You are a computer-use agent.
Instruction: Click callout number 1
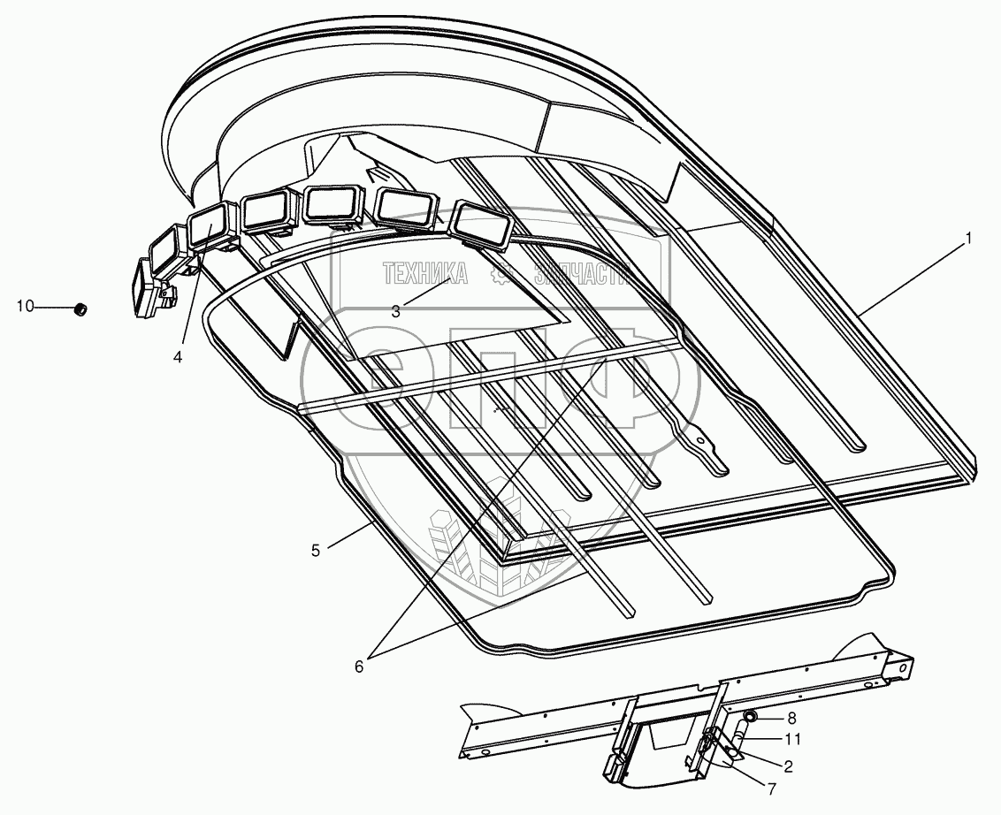969,238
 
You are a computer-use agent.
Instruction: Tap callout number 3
395,310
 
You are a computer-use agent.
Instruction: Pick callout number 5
316,550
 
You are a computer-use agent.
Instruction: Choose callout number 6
359,666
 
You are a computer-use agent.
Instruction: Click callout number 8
791,718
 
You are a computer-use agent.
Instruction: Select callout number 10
25,307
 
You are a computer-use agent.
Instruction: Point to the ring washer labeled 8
751,717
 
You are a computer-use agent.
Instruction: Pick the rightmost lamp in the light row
483,223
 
